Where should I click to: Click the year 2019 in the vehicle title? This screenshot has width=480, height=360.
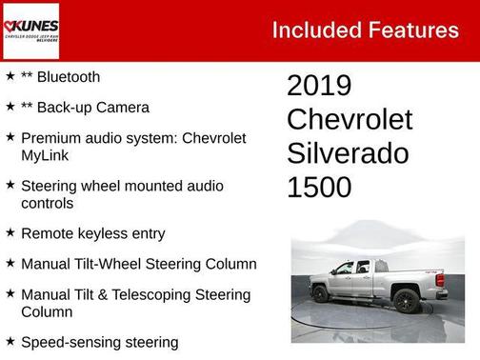tap(319, 86)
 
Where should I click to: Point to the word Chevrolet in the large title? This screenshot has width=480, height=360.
tap(350, 120)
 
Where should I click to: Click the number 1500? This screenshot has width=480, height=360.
tap(319, 187)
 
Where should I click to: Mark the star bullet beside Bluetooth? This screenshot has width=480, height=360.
tap(10, 75)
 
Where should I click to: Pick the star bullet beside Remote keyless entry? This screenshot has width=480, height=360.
tap(10, 231)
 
